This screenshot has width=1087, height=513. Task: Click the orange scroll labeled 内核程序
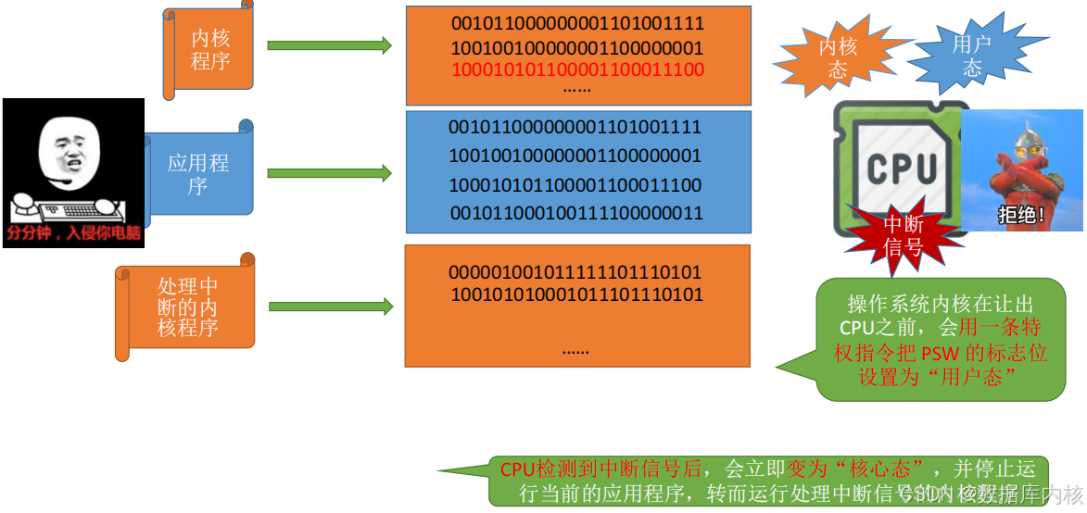210,50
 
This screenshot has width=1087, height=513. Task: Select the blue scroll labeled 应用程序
198,174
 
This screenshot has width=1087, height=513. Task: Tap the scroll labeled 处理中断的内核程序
187,307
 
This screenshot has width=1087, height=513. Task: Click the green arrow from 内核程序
329,45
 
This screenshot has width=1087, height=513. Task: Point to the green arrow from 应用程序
329,173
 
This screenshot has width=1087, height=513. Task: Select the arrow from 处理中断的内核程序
330,307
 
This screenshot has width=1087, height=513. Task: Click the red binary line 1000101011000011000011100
577,70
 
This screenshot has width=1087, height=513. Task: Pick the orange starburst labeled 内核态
838,57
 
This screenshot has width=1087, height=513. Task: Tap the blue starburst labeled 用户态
971,55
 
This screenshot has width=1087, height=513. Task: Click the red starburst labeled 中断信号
903,235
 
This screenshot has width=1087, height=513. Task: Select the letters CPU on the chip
902,169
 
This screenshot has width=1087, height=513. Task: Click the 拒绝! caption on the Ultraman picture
1021,216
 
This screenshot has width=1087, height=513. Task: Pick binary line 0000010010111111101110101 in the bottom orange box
575,273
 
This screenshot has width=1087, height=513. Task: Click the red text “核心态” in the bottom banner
876,469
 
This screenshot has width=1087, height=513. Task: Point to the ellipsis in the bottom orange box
575,351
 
